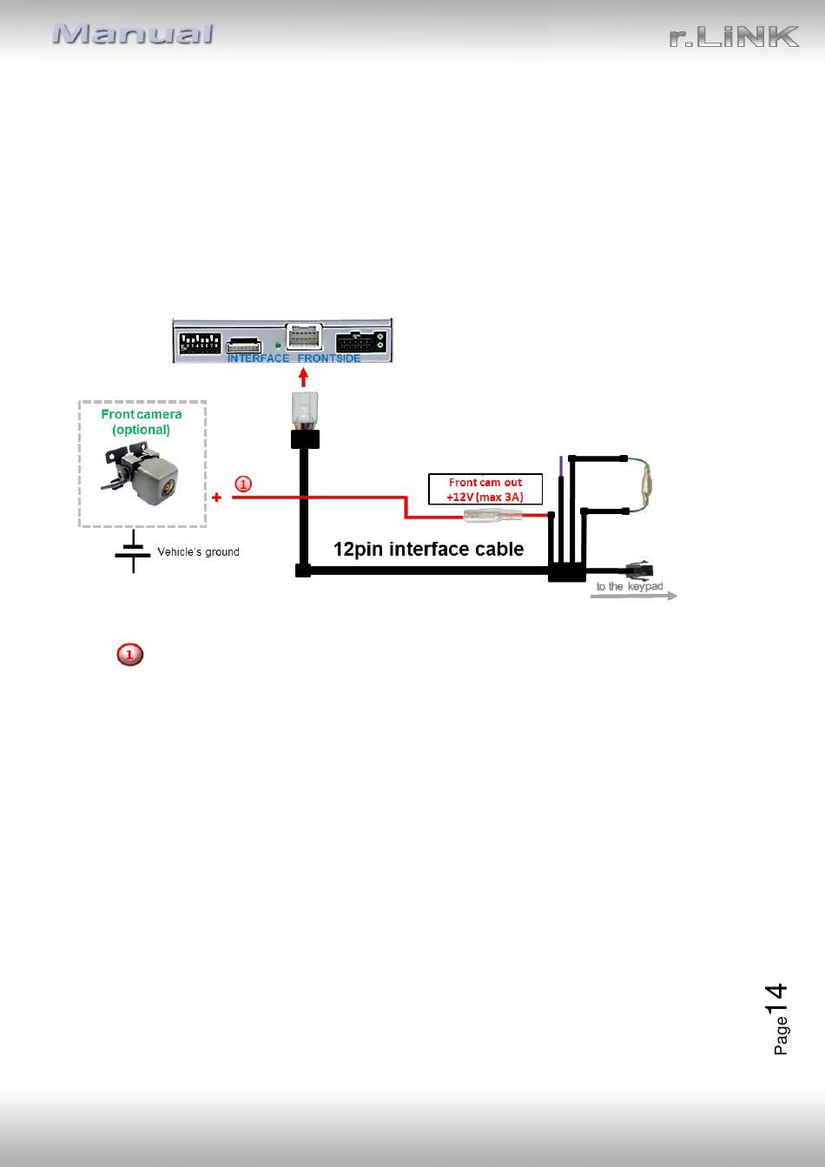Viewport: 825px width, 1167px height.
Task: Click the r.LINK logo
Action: [734, 36]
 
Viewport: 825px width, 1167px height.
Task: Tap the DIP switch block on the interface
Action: [200, 342]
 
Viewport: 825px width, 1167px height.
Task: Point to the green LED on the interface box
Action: [278, 345]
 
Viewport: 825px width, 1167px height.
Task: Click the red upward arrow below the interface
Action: [303, 377]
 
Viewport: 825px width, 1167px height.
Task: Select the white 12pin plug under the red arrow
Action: [305, 410]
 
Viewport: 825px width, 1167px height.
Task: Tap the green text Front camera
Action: [142, 414]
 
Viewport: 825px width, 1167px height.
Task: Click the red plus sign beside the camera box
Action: [217, 498]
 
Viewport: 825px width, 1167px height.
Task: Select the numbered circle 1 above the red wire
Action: [243, 484]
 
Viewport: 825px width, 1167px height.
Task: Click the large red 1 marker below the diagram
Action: [129, 655]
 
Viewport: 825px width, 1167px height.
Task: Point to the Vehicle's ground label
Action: [198, 551]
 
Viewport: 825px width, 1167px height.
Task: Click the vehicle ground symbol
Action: [133, 551]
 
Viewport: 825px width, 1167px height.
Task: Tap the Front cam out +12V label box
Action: [485, 489]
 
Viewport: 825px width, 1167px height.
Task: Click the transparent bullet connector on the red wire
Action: [492, 516]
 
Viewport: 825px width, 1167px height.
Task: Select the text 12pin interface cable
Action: [428, 549]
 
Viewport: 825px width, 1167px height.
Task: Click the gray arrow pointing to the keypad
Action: [634, 596]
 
